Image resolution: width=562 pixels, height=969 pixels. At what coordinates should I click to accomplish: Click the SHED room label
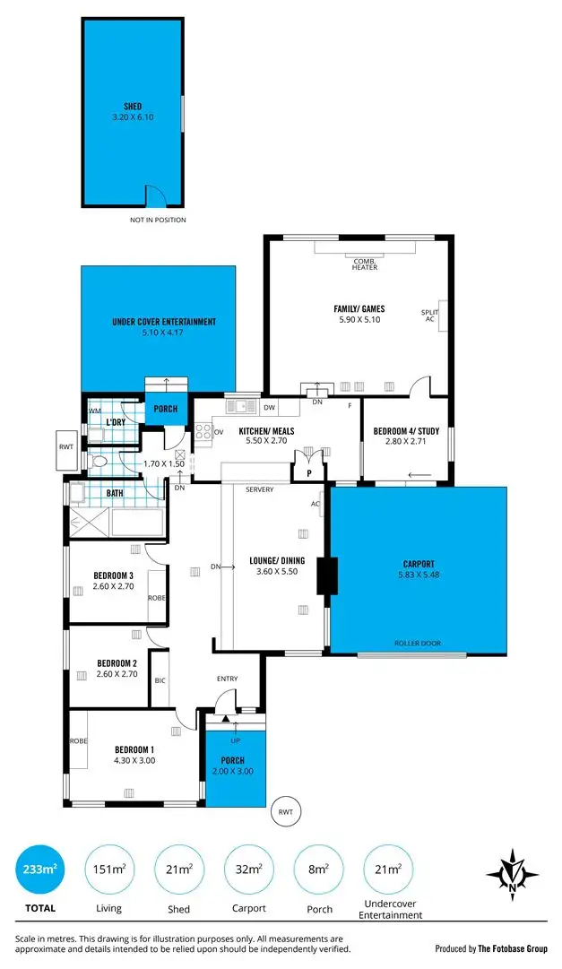pos(133,105)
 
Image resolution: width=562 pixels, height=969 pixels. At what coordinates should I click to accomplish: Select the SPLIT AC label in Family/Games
pos(428,316)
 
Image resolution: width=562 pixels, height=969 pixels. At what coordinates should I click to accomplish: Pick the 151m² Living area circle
pos(110,869)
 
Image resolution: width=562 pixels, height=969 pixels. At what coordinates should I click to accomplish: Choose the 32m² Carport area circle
pos(250,869)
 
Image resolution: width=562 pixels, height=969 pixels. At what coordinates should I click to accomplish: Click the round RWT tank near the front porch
pos(284,812)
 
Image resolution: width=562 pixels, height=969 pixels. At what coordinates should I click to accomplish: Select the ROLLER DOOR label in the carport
pos(417,643)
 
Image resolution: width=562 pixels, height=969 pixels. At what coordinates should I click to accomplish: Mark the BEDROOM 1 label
pos(134,750)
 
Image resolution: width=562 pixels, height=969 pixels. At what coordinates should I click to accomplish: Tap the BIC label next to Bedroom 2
pos(160,680)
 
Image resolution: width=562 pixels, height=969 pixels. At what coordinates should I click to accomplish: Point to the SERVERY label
pos(259,489)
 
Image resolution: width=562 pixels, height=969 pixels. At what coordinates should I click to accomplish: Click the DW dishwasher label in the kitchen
pos(270,408)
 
